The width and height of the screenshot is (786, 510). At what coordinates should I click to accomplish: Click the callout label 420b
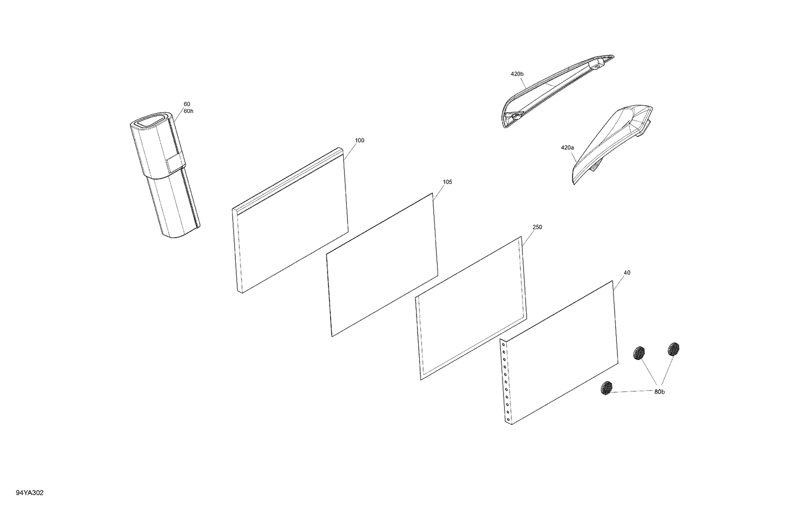517,74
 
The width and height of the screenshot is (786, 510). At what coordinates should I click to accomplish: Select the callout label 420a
567,148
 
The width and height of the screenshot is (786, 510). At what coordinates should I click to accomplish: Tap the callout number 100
359,141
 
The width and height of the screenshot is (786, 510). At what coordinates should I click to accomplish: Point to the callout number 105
447,182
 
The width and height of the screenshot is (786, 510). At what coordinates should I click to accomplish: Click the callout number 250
537,227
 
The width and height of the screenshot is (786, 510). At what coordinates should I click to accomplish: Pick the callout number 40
627,273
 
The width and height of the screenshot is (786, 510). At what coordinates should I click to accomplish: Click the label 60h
188,111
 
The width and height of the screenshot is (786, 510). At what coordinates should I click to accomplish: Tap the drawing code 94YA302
30,493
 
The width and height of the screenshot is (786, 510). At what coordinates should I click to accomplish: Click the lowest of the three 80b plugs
606,388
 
